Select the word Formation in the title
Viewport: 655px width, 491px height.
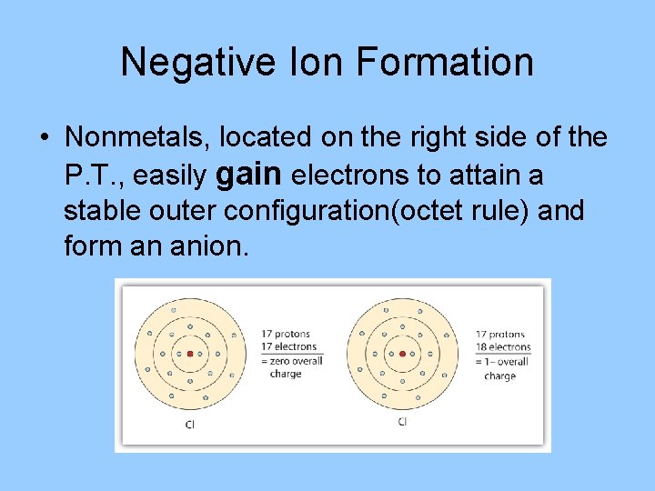click(x=445, y=62)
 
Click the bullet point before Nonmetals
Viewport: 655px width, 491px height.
click(x=44, y=138)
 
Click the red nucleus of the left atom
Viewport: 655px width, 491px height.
click(x=190, y=354)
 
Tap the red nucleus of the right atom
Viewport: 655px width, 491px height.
click(x=402, y=354)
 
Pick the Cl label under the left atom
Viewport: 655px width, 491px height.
click(x=189, y=424)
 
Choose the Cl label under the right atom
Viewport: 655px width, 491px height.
click(x=402, y=422)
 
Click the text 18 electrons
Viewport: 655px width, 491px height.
click(x=503, y=346)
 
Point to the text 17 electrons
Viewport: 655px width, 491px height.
click(x=288, y=346)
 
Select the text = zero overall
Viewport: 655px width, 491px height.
click(x=291, y=361)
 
